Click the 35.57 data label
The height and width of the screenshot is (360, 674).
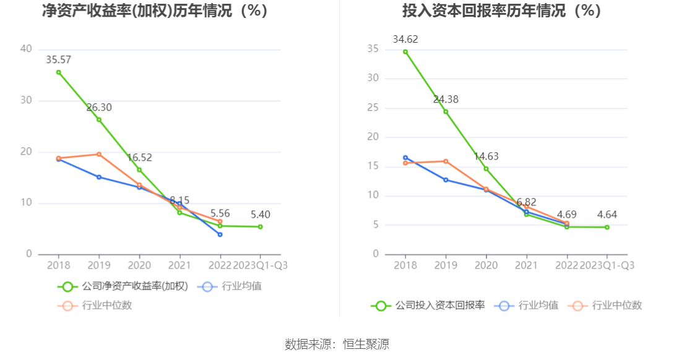pyautogui.click(x=59, y=59)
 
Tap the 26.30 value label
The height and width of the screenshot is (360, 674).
pyautogui.click(x=99, y=108)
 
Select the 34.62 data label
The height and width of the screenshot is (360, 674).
pyautogui.click(x=405, y=40)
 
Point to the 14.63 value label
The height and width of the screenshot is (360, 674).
pyautogui.click(x=486, y=156)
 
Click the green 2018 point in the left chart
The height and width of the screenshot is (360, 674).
pyautogui.click(x=59, y=72)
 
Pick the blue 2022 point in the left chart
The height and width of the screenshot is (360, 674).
pyautogui.click(x=220, y=234)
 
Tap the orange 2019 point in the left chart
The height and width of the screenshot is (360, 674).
pyautogui.click(x=99, y=154)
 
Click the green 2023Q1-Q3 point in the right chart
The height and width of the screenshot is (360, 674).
pyautogui.click(x=607, y=227)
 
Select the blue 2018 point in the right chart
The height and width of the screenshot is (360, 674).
pyautogui.click(x=405, y=158)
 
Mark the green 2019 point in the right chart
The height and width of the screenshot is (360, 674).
pyautogui.click(x=446, y=111)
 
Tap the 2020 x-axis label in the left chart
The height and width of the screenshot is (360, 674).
pyautogui.click(x=139, y=265)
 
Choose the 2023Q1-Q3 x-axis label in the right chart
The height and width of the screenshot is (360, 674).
pyautogui.click(x=607, y=265)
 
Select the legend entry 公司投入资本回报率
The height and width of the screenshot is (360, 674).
pyautogui.click(x=428, y=305)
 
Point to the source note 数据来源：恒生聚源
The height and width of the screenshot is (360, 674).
pyautogui.click(x=337, y=345)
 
